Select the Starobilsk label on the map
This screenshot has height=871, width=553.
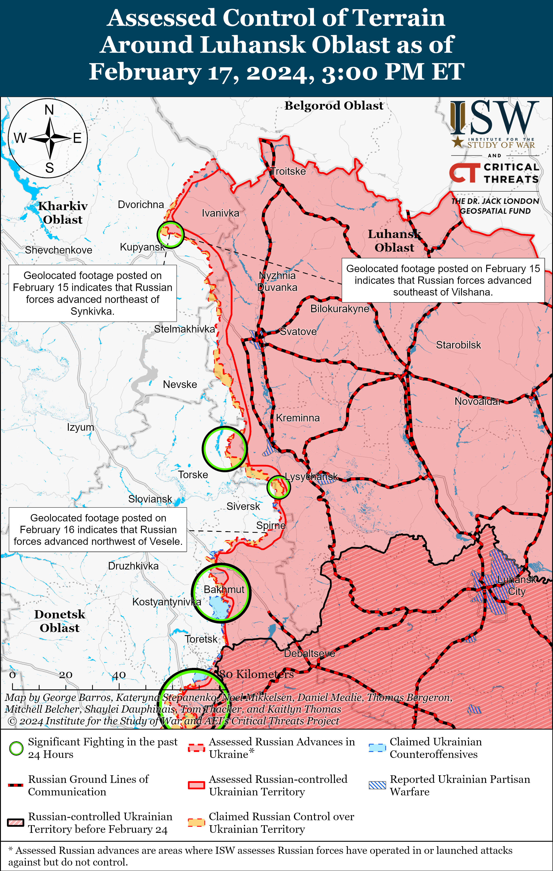tap(458, 345)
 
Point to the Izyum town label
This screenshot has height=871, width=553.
tap(80, 427)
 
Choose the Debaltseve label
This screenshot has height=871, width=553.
tap(309, 653)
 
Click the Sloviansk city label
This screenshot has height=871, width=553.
tap(150, 499)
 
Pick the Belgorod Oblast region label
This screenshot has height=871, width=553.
tap(334, 106)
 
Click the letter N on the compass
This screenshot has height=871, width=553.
tap(49, 110)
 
